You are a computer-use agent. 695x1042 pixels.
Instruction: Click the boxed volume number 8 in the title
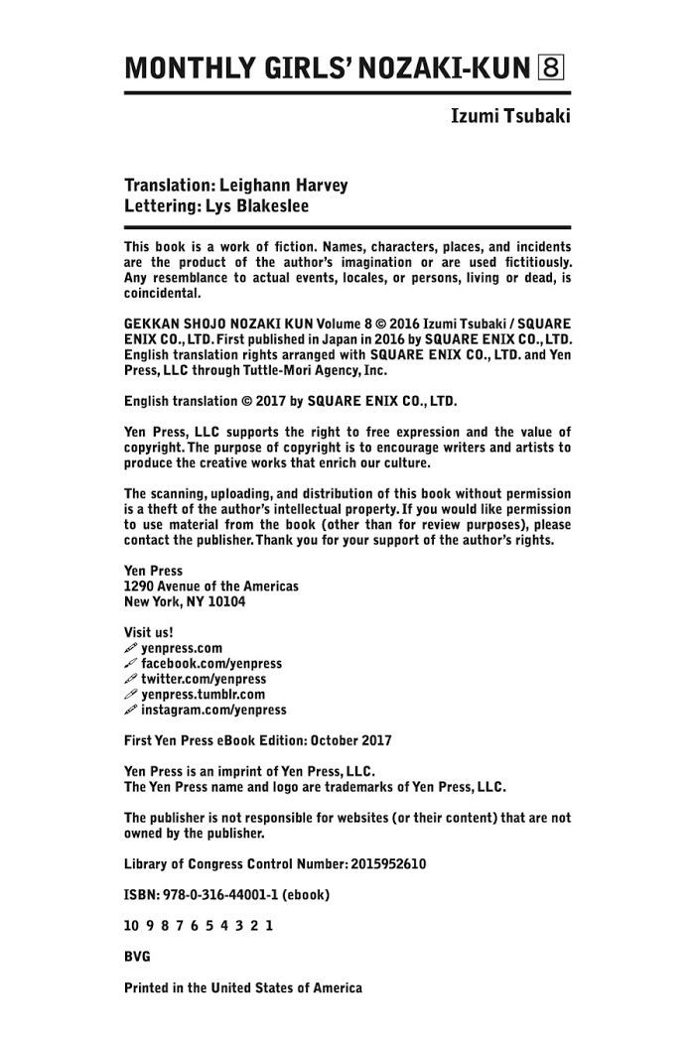(551, 67)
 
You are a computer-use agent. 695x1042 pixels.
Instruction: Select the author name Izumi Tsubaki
(511, 117)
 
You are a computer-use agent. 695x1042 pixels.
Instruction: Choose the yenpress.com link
(182, 648)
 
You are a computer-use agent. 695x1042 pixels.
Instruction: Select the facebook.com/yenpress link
(211, 664)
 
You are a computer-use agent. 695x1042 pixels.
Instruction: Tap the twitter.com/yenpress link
(204, 679)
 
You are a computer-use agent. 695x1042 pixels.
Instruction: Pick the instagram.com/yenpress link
(213, 710)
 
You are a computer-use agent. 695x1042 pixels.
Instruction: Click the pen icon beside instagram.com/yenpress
(130, 710)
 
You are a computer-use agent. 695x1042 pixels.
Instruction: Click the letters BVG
(137, 957)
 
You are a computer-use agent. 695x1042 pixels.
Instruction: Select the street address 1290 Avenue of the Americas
(210, 586)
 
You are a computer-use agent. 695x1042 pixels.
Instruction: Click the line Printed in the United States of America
(242, 987)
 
